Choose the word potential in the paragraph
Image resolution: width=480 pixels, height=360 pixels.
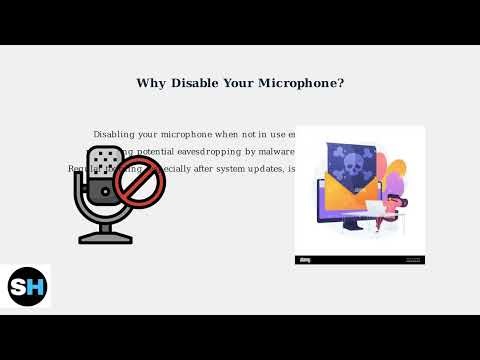[148, 151]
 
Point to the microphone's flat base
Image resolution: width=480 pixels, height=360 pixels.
[105, 238]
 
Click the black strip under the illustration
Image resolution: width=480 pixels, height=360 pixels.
[360, 260]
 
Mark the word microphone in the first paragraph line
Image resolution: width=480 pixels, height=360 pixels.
[197, 134]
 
